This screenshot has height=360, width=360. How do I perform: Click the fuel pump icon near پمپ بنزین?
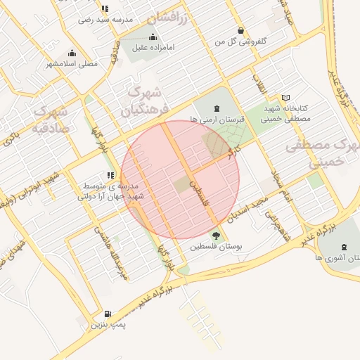tap(107, 314)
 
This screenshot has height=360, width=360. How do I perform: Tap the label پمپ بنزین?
tap(107, 326)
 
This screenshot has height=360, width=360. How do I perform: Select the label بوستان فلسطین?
tap(216, 247)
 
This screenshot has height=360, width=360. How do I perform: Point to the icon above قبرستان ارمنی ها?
tap(215, 108)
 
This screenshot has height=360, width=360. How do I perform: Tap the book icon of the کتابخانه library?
tap(285, 98)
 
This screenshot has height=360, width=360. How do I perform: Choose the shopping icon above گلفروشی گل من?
tap(241, 30)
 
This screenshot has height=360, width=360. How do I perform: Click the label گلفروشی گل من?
tap(241, 42)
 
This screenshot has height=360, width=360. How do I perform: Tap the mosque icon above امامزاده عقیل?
tap(153, 37)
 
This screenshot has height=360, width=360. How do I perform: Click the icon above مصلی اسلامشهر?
tap(72, 53)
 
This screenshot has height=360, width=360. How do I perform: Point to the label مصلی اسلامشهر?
tap(72, 64)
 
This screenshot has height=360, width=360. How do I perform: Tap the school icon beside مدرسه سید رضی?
tap(105, 9)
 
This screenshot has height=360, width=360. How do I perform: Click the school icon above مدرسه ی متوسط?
tap(110, 175)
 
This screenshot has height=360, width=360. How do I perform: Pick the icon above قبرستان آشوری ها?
tap(343, 247)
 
